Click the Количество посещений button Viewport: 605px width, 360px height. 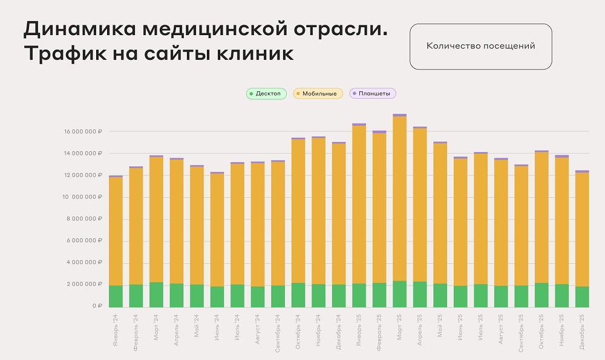(x=480, y=47)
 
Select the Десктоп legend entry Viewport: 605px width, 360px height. (x=266, y=94)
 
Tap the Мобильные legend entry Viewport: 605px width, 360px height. (x=318, y=94)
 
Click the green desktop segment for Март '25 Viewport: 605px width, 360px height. (x=399, y=294)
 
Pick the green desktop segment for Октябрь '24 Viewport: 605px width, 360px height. (x=298, y=295)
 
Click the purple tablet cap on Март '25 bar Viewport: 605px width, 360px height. (x=399, y=115)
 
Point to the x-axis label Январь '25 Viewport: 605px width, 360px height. (x=359, y=329)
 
